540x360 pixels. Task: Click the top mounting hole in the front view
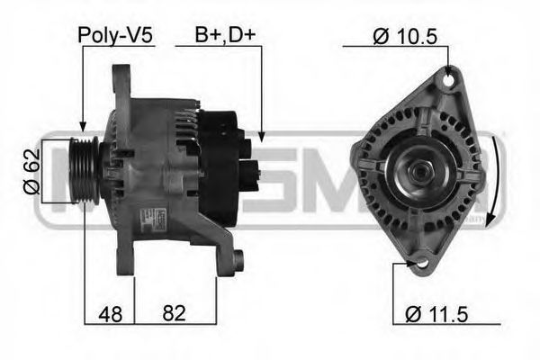point(442,81)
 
